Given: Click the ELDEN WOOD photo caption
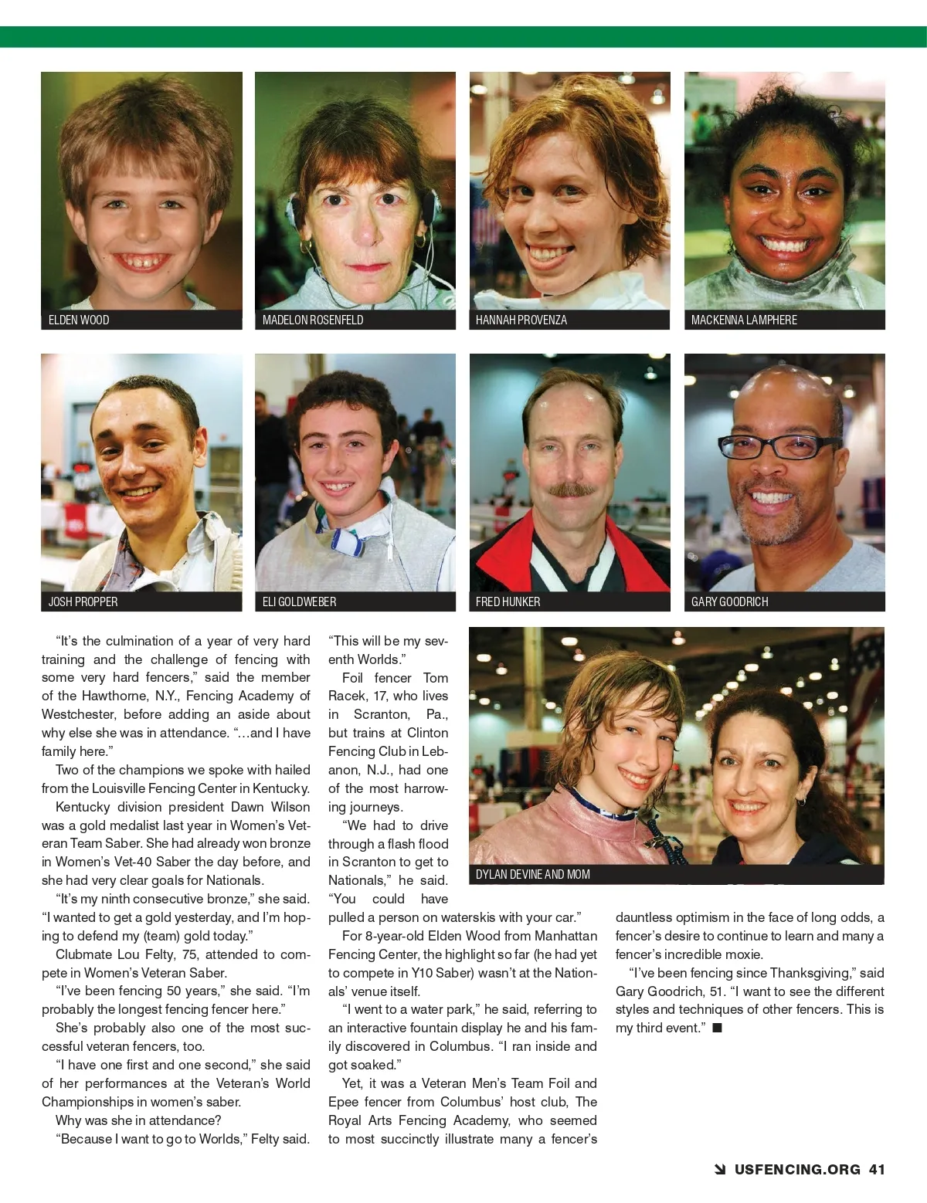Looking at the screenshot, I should (79, 320).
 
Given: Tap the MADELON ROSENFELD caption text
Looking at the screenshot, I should (313, 320).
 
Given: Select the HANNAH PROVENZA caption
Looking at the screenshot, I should (521, 320).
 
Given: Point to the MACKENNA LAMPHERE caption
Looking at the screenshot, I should (744, 320).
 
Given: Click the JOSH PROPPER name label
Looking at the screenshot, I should (83, 601).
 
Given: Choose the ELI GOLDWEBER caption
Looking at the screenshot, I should (300, 601).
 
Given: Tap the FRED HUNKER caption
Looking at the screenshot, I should (508, 601).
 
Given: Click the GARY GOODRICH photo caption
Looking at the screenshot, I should (730, 601).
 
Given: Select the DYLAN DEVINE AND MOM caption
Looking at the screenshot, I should (533, 874).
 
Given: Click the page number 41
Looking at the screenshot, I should (877, 1169).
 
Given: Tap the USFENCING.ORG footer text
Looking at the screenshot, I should (797, 1169).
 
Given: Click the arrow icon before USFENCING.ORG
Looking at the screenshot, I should (720, 1170).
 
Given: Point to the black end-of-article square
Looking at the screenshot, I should (717, 1028).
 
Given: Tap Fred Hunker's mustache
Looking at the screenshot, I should (569, 490).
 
